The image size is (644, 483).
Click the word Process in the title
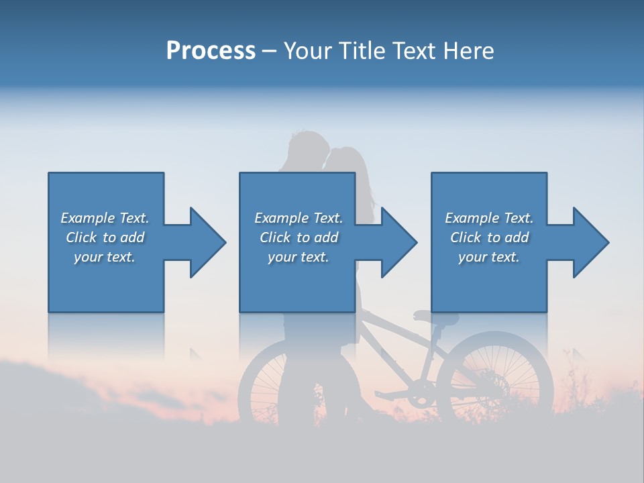(211, 51)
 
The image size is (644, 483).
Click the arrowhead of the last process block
(590, 242)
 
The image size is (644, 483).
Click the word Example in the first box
(88, 218)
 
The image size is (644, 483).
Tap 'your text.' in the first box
(105, 257)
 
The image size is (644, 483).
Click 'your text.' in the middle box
(299, 257)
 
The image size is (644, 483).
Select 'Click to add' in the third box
(489, 237)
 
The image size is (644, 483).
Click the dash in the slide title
(270, 51)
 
